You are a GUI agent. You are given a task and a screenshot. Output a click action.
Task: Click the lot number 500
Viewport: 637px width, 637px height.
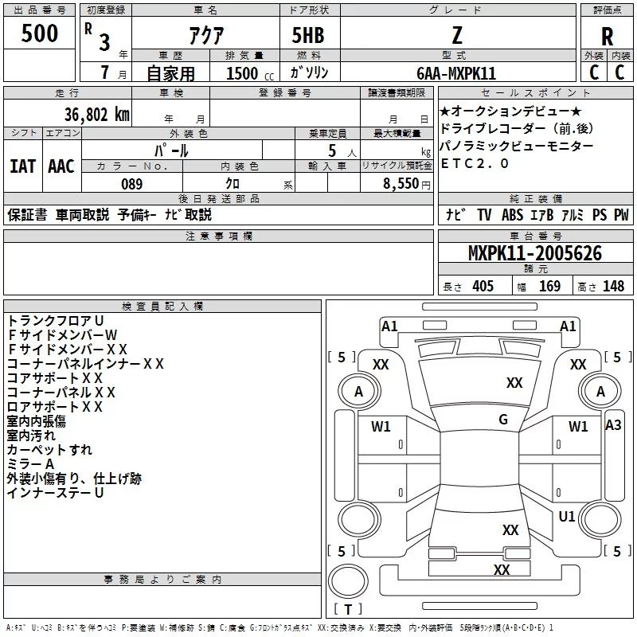click(40, 34)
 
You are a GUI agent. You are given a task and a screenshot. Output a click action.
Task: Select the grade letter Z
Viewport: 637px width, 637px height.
click(456, 34)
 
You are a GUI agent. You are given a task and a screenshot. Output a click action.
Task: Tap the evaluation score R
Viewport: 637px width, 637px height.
click(607, 36)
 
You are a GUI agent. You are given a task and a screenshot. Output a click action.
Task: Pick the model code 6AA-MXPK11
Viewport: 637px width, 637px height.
click(456, 73)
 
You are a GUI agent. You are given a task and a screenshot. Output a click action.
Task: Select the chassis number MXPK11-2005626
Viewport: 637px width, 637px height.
click(535, 253)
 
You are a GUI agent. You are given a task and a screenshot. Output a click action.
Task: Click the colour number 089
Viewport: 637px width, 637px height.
click(131, 184)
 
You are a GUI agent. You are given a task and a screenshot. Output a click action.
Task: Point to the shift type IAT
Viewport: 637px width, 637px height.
click(22, 166)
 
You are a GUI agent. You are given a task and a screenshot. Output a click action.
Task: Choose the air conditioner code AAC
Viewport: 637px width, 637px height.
click(61, 166)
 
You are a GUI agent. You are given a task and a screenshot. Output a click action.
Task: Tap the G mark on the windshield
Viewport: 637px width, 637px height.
click(503, 420)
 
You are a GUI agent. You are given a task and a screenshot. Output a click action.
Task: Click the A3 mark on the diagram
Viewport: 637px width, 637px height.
click(613, 425)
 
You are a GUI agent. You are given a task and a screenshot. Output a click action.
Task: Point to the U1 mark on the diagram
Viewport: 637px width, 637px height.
click(567, 517)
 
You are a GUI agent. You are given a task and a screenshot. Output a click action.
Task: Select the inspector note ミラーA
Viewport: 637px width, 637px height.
click(30, 463)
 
